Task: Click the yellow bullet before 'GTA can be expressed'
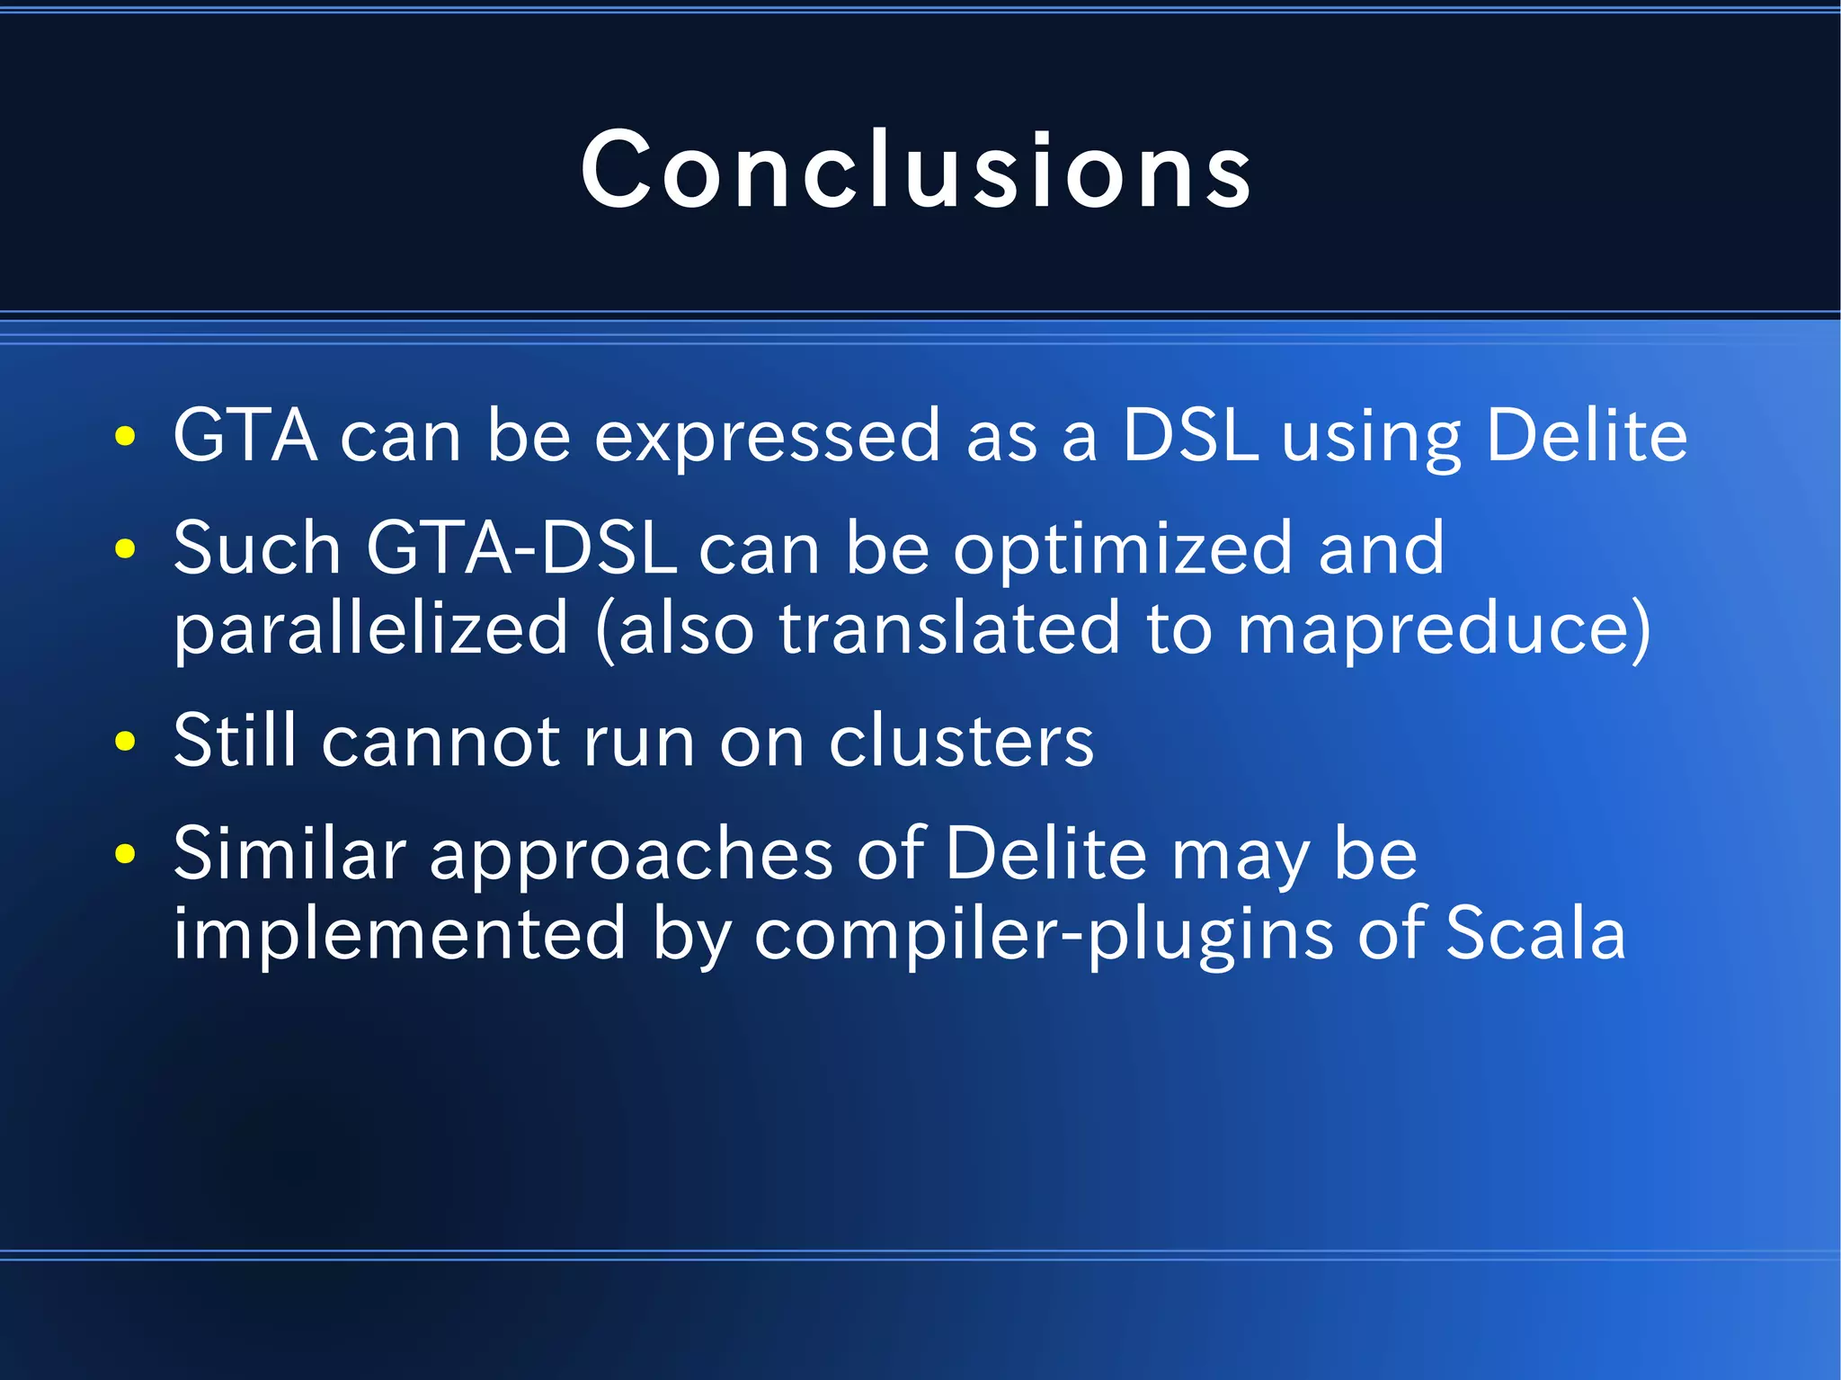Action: click(x=126, y=437)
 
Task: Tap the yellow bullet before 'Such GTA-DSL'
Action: click(x=126, y=548)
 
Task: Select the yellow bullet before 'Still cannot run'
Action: click(x=126, y=742)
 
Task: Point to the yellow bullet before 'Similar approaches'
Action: click(x=126, y=853)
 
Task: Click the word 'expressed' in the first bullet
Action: click(x=768, y=437)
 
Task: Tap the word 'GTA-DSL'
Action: click(x=521, y=548)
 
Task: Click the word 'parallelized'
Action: click(x=371, y=628)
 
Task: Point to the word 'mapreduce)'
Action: click(x=1444, y=628)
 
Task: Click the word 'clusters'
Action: click(x=961, y=742)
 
